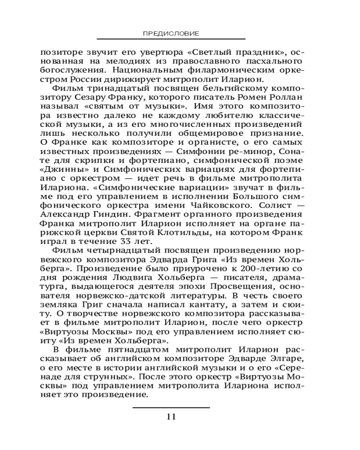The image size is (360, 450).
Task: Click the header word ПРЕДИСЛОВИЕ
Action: pyautogui.click(x=171, y=33)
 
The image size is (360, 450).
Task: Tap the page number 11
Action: pyautogui.click(x=171, y=416)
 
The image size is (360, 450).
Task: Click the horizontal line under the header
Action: pyautogui.click(x=171, y=39)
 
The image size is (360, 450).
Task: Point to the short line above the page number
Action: pyautogui.click(x=171, y=407)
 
